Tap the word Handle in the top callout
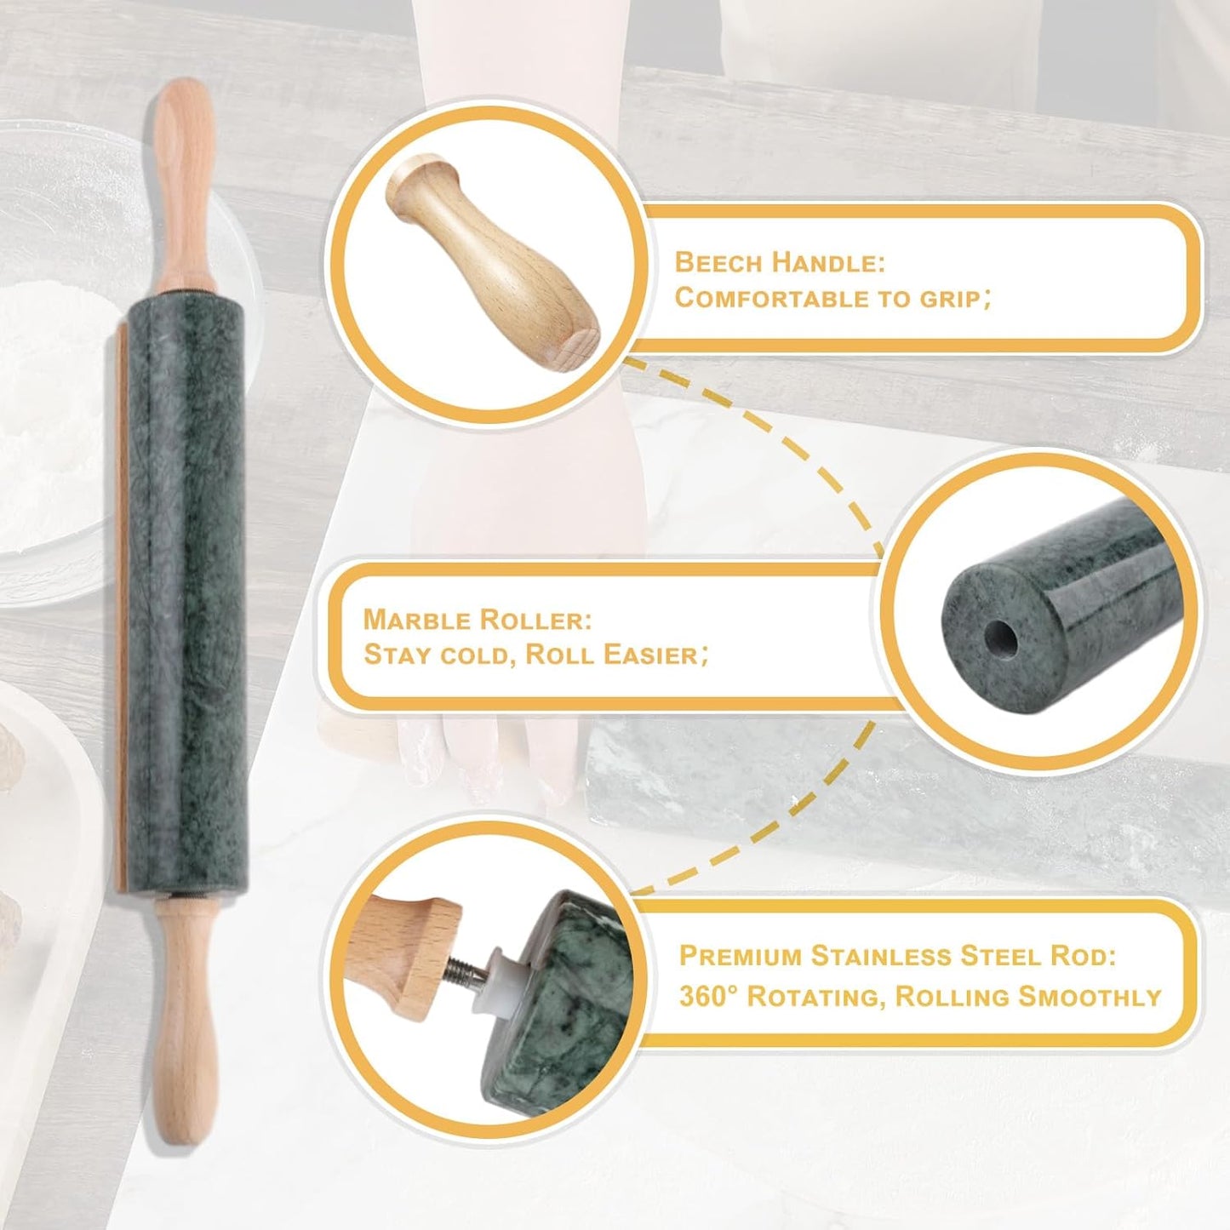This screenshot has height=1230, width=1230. click(x=827, y=262)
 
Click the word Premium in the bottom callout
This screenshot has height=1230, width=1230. click(x=740, y=956)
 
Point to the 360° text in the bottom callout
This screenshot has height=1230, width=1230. click(x=708, y=996)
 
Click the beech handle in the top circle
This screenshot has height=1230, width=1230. click(x=494, y=264)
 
